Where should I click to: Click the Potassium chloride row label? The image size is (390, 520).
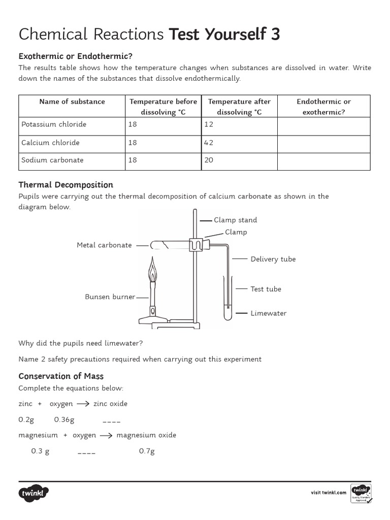(x=54, y=124)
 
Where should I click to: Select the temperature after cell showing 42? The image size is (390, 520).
(x=209, y=143)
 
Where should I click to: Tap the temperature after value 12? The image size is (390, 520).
(x=209, y=124)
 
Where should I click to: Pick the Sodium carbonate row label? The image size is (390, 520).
(x=52, y=160)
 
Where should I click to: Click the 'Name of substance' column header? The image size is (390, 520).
(x=72, y=102)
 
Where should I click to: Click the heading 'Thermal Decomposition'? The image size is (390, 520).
(x=66, y=185)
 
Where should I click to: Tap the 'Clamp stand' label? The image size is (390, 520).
(x=235, y=220)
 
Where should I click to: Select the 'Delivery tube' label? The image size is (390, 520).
(x=273, y=259)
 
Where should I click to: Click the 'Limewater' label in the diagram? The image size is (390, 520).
(x=268, y=313)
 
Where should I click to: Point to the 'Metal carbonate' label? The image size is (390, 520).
(x=104, y=245)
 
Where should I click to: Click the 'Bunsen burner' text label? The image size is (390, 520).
(x=110, y=297)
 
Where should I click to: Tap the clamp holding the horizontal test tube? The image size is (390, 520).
(x=196, y=245)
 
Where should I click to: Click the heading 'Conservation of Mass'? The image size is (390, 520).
(x=61, y=376)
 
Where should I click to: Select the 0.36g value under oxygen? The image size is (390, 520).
(x=64, y=419)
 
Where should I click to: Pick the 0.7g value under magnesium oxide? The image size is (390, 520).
(x=147, y=451)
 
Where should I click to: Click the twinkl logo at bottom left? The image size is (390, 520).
(x=34, y=493)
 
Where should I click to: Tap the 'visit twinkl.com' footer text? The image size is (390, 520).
(x=329, y=493)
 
